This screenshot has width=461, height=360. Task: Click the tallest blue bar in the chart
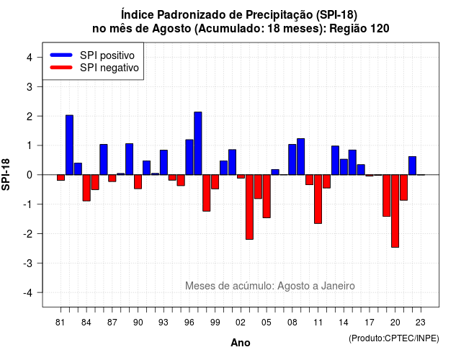click(x=198, y=143)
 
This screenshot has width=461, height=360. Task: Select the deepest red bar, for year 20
click(x=395, y=211)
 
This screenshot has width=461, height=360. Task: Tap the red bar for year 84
click(x=86, y=188)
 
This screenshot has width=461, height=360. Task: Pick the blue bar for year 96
click(x=189, y=157)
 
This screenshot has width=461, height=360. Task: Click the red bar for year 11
click(x=318, y=199)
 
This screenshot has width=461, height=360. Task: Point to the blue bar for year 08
click(x=292, y=160)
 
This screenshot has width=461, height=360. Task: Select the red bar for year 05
click(x=267, y=197)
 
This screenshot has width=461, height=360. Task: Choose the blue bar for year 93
click(x=164, y=163)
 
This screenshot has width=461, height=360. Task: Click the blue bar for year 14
click(x=344, y=167)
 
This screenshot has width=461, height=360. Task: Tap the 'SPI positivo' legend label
click(x=107, y=55)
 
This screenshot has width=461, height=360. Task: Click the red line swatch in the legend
click(x=61, y=68)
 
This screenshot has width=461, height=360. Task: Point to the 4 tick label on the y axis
click(x=30, y=58)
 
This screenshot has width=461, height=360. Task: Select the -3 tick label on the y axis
click(x=28, y=263)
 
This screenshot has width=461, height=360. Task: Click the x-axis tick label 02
click(x=241, y=323)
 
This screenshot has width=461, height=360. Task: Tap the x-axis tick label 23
click(x=421, y=323)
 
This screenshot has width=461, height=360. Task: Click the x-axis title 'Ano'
click(x=241, y=343)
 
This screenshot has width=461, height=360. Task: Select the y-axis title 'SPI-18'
click(x=6, y=174)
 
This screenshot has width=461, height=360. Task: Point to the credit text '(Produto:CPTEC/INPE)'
click(x=394, y=338)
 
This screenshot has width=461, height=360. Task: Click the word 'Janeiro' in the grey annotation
click(x=338, y=286)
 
